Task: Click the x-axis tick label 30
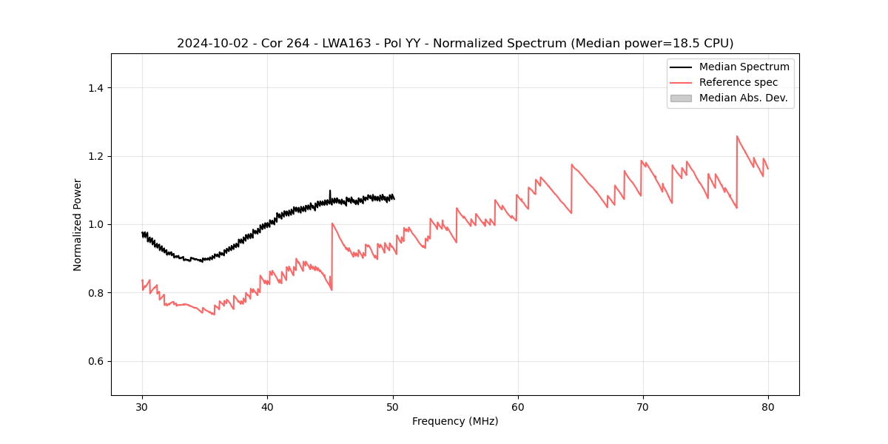(142, 406)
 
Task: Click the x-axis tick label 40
(267, 406)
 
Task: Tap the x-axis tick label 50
(392, 406)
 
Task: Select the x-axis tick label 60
(517, 406)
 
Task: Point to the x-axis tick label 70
(642, 406)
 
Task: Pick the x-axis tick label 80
(767, 406)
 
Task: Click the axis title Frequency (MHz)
(455, 421)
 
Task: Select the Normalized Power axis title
(78, 224)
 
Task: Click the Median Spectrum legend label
(744, 67)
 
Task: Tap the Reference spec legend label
(738, 82)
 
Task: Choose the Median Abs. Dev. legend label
(743, 98)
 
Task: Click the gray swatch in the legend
(681, 98)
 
